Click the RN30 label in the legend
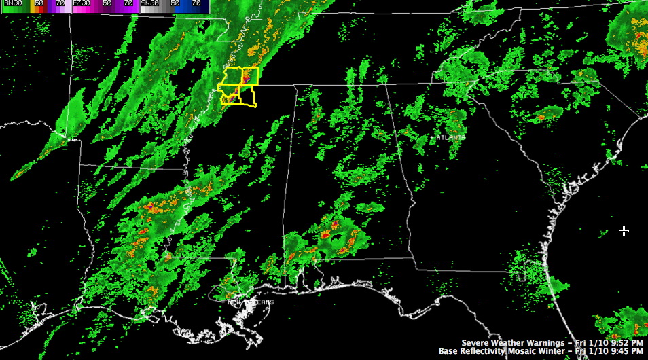14,3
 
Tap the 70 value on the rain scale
60,3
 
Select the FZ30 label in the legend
82,3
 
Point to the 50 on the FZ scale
107,3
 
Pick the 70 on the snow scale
196,3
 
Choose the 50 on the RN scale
39,3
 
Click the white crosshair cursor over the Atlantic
624,232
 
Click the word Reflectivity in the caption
485,351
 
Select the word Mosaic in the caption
528,351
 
